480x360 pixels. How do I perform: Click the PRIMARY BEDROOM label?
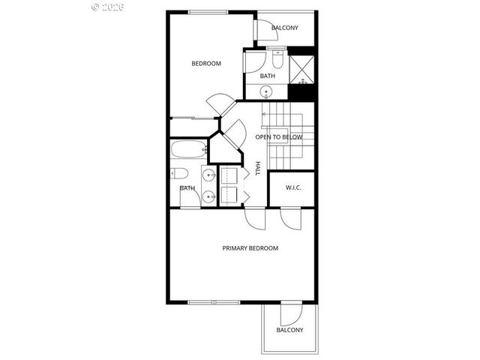250,248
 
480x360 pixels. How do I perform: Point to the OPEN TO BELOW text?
278,137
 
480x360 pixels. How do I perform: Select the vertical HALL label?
258,169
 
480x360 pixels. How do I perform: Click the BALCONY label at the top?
284,28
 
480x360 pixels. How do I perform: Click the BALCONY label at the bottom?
289,330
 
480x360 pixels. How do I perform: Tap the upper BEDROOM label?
206,64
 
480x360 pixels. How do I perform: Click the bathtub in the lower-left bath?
187,149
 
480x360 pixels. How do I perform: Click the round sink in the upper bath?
266,92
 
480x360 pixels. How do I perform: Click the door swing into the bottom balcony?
291,314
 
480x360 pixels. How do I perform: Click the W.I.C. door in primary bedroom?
290,218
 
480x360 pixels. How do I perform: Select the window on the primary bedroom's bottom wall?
213,302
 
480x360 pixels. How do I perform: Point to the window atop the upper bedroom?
208,12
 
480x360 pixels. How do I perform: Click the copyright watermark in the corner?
108,7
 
